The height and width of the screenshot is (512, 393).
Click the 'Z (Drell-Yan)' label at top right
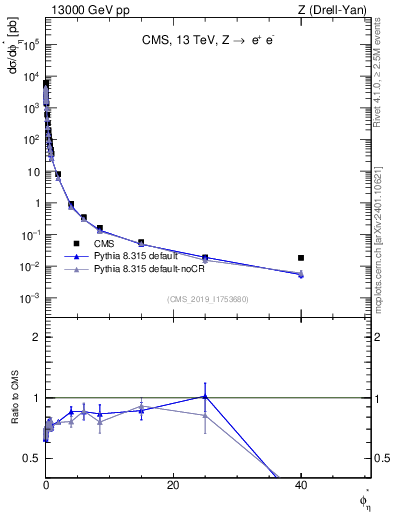pos(332,9)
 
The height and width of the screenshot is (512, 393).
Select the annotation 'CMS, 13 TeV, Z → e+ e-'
pos(206,41)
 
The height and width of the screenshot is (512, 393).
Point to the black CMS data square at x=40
pos(301,258)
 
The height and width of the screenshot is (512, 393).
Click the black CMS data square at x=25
pos(205,257)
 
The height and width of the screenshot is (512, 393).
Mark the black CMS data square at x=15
pos(141,243)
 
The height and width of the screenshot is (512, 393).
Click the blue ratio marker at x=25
pos(205,396)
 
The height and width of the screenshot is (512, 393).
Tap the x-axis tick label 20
pos(173,485)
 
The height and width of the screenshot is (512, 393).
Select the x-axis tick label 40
pos(301,485)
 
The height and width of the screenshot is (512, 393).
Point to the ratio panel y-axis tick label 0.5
pos(30,458)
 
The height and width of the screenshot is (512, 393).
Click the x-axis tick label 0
pos(46,485)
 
